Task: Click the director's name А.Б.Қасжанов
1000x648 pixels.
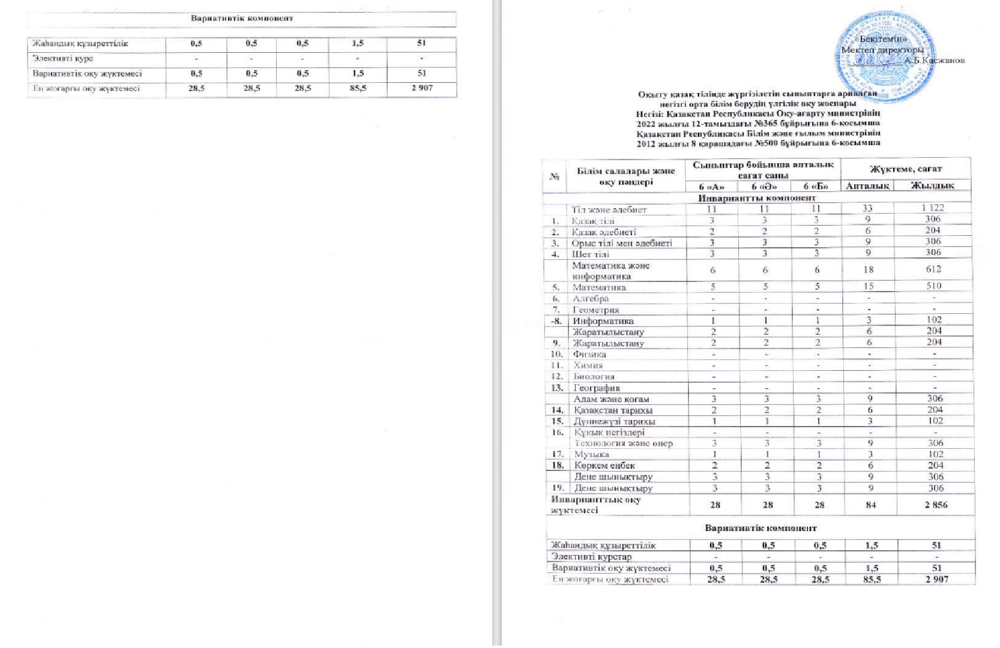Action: pyautogui.click(x=934, y=60)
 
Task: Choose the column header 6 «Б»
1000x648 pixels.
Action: pyautogui.click(x=816, y=187)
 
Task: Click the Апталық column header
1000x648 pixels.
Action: pyautogui.click(x=867, y=186)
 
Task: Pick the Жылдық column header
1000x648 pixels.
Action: pyautogui.click(x=932, y=186)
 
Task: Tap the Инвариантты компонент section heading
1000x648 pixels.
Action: pyautogui.click(x=756, y=198)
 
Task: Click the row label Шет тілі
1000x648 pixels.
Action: pyautogui.click(x=590, y=254)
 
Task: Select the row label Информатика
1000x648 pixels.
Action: pyautogui.click(x=594, y=321)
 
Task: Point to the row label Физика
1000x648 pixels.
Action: pyautogui.click(x=589, y=354)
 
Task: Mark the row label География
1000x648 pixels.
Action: pyautogui.click(x=596, y=388)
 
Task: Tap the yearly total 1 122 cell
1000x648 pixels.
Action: pyautogui.click(x=932, y=208)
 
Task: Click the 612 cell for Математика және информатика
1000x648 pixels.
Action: pyautogui.click(x=933, y=269)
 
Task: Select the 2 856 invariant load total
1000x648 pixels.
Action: pyautogui.click(x=936, y=505)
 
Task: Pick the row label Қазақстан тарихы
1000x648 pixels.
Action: pyautogui.click(x=613, y=410)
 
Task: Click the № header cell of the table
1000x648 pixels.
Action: pyautogui.click(x=555, y=176)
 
